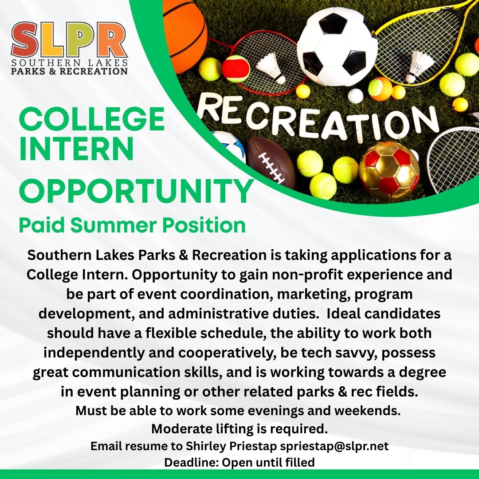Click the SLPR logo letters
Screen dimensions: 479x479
pyautogui.click(x=69, y=40)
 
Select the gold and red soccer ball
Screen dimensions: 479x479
pyautogui.click(x=389, y=171)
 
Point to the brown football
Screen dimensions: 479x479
pyautogui.click(x=271, y=162)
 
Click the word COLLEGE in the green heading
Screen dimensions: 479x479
pyautogui.click(x=92, y=119)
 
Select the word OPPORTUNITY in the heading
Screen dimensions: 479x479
pyautogui.click(x=136, y=191)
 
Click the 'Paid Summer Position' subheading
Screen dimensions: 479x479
pyautogui.click(x=132, y=225)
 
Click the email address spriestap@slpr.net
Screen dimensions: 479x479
pyautogui.click(x=334, y=446)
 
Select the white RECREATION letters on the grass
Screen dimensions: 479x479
pyautogui.click(x=318, y=119)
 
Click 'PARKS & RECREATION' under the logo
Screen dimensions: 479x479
pyautogui.click(x=69, y=71)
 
